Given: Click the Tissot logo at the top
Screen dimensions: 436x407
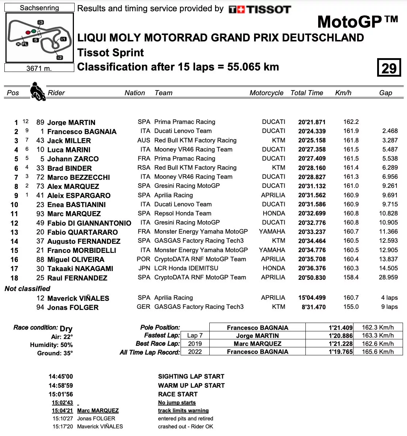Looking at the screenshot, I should pyautogui.click(x=260, y=9).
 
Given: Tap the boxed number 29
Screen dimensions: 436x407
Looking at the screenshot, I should pyautogui.click(x=389, y=68).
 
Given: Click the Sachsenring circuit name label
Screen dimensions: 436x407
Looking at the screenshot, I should pyautogui.click(x=39, y=8).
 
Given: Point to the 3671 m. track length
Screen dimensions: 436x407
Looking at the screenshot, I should pyautogui.click(x=39, y=68).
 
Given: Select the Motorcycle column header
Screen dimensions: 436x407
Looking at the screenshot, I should pyautogui.click(x=266, y=93).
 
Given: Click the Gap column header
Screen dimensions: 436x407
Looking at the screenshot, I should pyautogui.click(x=386, y=93).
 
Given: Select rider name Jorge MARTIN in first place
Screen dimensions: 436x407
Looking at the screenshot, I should pyautogui.click(x=71, y=122).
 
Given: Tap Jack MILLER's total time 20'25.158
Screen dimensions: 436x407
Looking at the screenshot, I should pyautogui.click(x=312, y=141).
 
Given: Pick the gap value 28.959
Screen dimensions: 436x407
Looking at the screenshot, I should pyautogui.click(x=388, y=278).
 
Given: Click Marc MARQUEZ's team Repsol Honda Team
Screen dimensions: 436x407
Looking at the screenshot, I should pyautogui.click(x=183, y=214).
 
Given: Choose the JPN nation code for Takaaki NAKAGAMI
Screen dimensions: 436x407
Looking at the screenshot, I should pyautogui.click(x=144, y=268).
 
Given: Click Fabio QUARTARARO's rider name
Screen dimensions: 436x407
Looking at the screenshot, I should pyautogui.click(x=83, y=232).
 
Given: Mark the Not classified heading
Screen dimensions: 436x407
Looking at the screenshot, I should pyautogui.click(x=28, y=289).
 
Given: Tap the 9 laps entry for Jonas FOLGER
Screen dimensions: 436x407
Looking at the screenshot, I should pyautogui.click(x=389, y=307).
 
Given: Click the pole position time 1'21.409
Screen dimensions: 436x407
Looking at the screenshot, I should pyautogui.click(x=340, y=328).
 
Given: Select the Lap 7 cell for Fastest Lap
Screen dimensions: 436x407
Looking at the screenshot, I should pyautogui.click(x=195, y=336).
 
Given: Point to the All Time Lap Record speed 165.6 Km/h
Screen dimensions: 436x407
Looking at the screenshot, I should pyautogui.click(x=378, y=352).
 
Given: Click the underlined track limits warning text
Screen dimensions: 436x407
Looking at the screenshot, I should pyautogui.click(x=183, y=411).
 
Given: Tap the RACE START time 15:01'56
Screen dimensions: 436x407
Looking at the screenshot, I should pyautogui.click(x=61, y=394).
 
